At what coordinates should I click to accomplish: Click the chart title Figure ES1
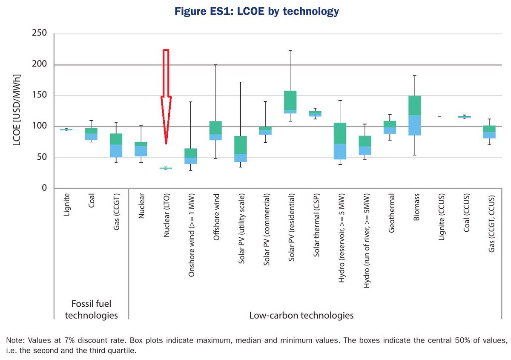(x=255, y=12)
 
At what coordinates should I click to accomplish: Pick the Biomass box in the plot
(x=414, y=115)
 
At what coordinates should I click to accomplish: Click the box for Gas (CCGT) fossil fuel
(x=116, y=145)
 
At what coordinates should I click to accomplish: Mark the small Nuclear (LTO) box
(x=166, y=168)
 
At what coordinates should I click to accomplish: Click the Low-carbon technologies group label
(x=301, y=316)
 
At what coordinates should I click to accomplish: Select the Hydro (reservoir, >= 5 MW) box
(x=340, y=141)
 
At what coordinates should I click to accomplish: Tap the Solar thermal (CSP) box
(x=315, y=114)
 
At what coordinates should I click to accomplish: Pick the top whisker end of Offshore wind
(x=215, y=65)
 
